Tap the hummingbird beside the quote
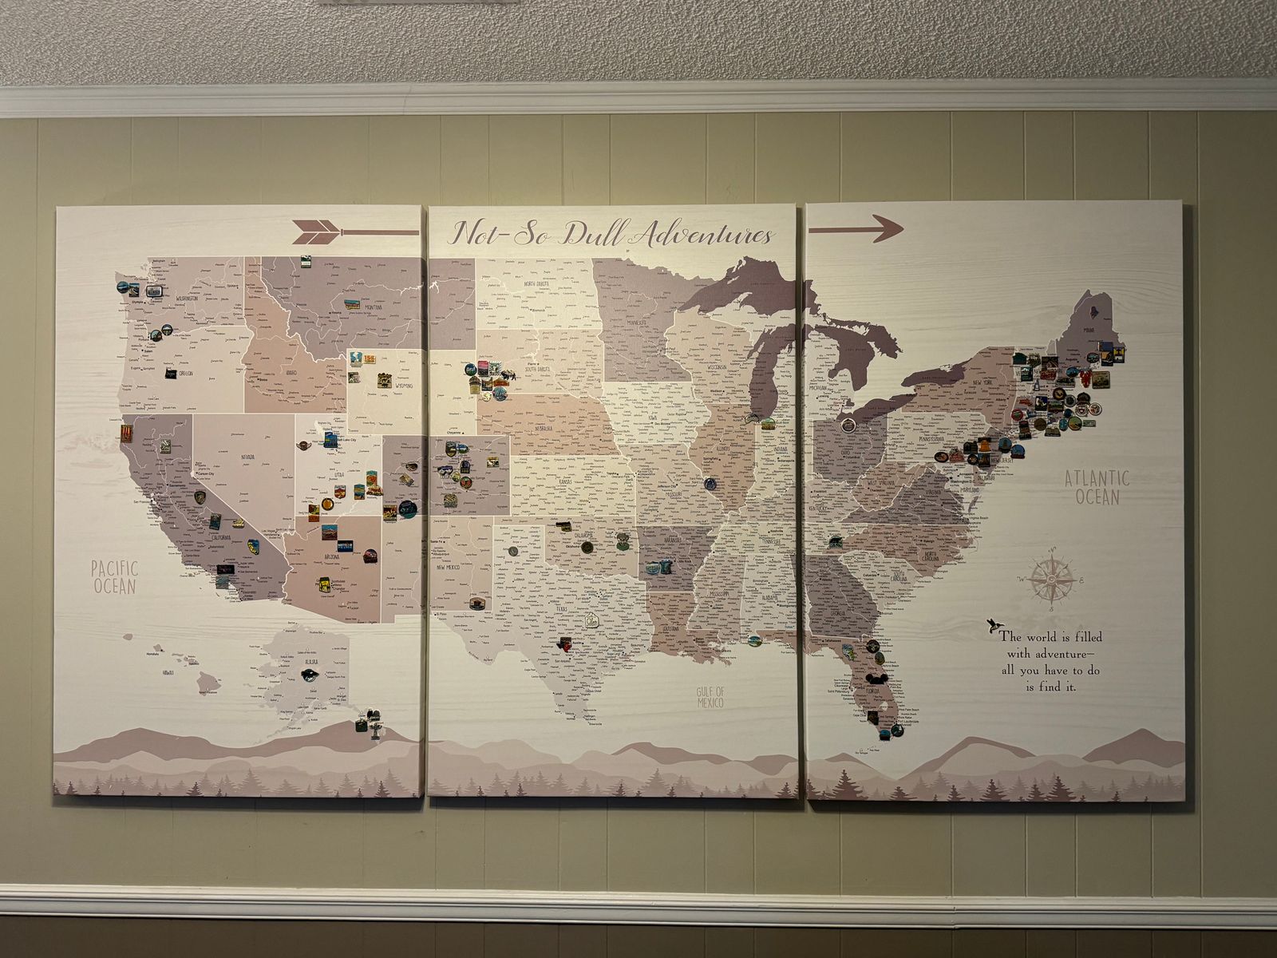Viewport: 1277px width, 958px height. [990, 623]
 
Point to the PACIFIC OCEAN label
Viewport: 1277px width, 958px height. [114, 576]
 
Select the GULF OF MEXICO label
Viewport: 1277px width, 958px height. [710, 697]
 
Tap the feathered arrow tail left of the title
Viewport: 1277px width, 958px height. [316, 232]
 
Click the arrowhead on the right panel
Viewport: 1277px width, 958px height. [886, 228]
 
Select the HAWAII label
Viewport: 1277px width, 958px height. [168, 673]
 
